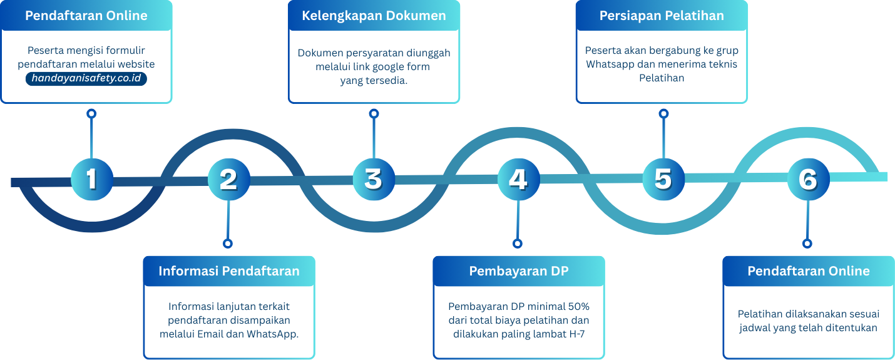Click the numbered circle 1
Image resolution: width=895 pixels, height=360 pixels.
pyautogui.click(x=91, y=178)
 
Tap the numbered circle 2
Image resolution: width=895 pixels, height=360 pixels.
pyautogui.click(x=228, y=179)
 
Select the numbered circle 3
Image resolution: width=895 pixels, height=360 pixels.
pyautogui.click(x=373, y=178)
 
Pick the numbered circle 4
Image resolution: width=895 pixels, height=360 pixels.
pyautogui.click(x=518, y=179)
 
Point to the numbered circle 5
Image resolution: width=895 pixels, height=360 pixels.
pyautogui.click(x=663, y=178)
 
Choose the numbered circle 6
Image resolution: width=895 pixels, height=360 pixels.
pyautogui.click(x=807, y=179)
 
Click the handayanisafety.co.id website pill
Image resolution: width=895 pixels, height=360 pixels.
pyautogui.click(x=86, y=78)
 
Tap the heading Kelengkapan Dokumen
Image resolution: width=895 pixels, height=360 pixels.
pyautogui.click(x=374, y=16)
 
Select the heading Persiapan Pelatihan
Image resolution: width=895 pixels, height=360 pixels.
pyautogui.click(x=662, y=16)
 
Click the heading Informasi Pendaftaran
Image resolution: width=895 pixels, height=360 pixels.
pyautogui.click(x=229, y=271)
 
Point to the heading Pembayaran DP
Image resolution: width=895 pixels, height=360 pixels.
pyautogui.click(x=519, y=271)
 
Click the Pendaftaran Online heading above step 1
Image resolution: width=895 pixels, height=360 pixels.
pyautogui.click(x=86, y=16)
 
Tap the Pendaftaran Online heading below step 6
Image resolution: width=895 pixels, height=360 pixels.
pyautogui.click(x=809, y=271)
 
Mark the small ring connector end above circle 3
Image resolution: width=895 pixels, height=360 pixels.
pyautogui.click(x=374, y=113)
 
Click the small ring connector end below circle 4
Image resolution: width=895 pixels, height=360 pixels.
pyautogui.click(x=518, y=244)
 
